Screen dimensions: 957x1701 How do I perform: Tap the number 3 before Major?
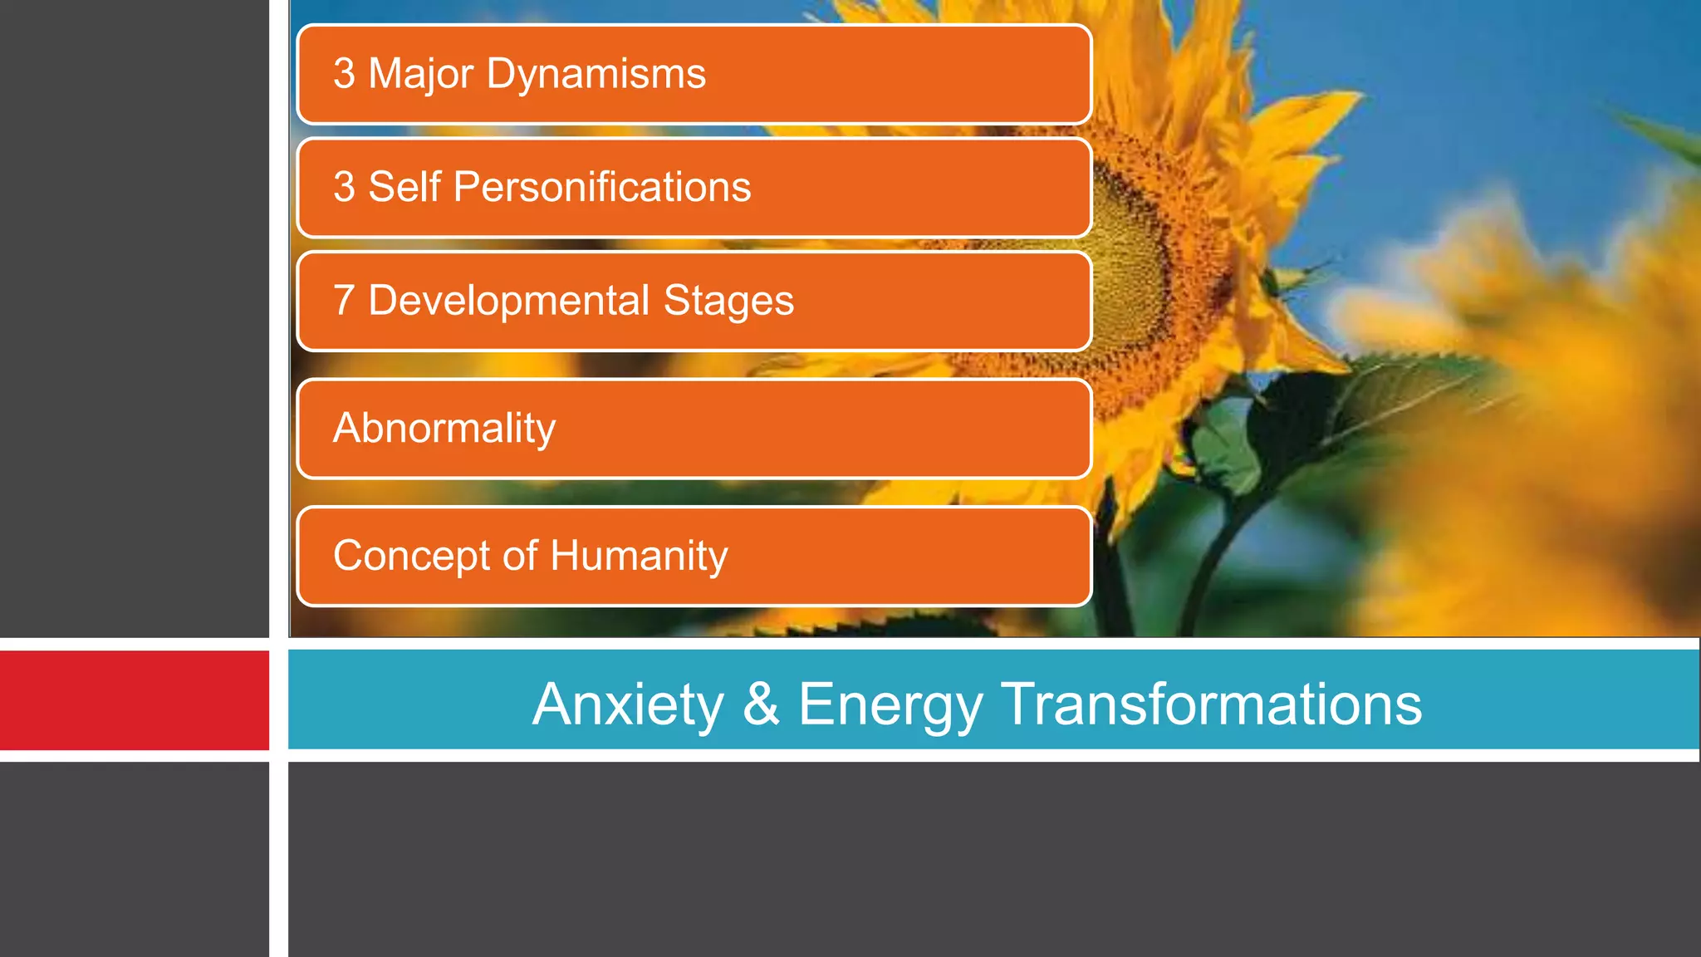[344, 74]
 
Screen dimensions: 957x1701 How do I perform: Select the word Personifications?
[602, 187]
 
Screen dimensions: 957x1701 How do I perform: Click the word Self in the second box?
[404, 187]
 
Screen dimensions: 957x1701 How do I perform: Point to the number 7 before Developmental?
[344, 301]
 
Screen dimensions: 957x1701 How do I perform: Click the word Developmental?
[508, 301]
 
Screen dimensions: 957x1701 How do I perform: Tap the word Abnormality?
[444, 429]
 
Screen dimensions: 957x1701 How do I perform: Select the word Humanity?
[639, 557]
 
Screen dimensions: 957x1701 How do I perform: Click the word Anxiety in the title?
[629, 704]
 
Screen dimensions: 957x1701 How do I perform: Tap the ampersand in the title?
[761, 704]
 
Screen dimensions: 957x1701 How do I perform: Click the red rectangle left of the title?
[134, 700]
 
